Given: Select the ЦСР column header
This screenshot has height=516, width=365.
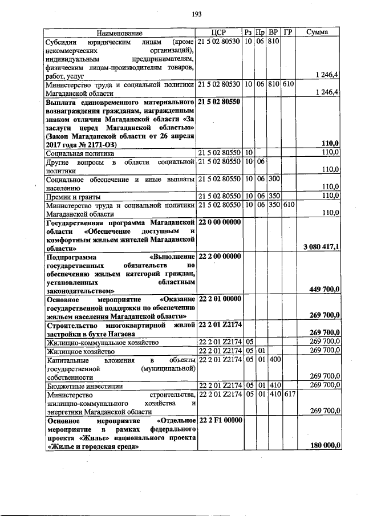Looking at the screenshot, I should click(219, 33).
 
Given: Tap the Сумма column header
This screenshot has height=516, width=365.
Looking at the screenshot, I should click(317, 33).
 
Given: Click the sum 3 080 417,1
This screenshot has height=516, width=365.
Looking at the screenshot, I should click(319, 247).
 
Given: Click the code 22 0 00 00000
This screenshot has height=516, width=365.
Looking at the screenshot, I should click(220, 222).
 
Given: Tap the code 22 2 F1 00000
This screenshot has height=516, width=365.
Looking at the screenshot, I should click(220, 420).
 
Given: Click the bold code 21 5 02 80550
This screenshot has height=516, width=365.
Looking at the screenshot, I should click(220, 101).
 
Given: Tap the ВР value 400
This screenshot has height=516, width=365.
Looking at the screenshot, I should click(274, 360).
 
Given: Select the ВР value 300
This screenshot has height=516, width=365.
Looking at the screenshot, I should click(274, 179).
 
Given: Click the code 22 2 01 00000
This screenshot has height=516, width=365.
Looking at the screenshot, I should click(220, 298).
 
